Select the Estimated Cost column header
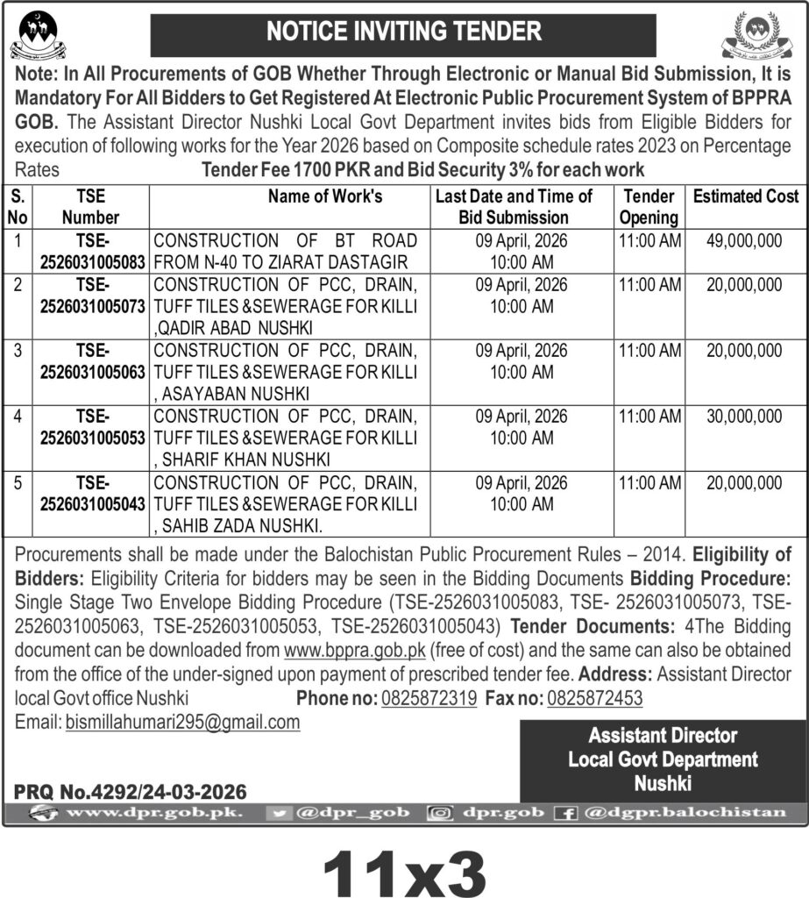point(746,196)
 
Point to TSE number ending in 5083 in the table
point(91,251)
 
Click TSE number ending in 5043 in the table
point(91,494)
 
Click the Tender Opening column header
point(649,207)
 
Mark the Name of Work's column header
point(325,196)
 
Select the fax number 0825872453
point(595,699)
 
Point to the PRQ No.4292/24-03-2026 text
point(131,791)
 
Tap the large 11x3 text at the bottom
point(404,865)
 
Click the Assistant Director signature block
point(663,759)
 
